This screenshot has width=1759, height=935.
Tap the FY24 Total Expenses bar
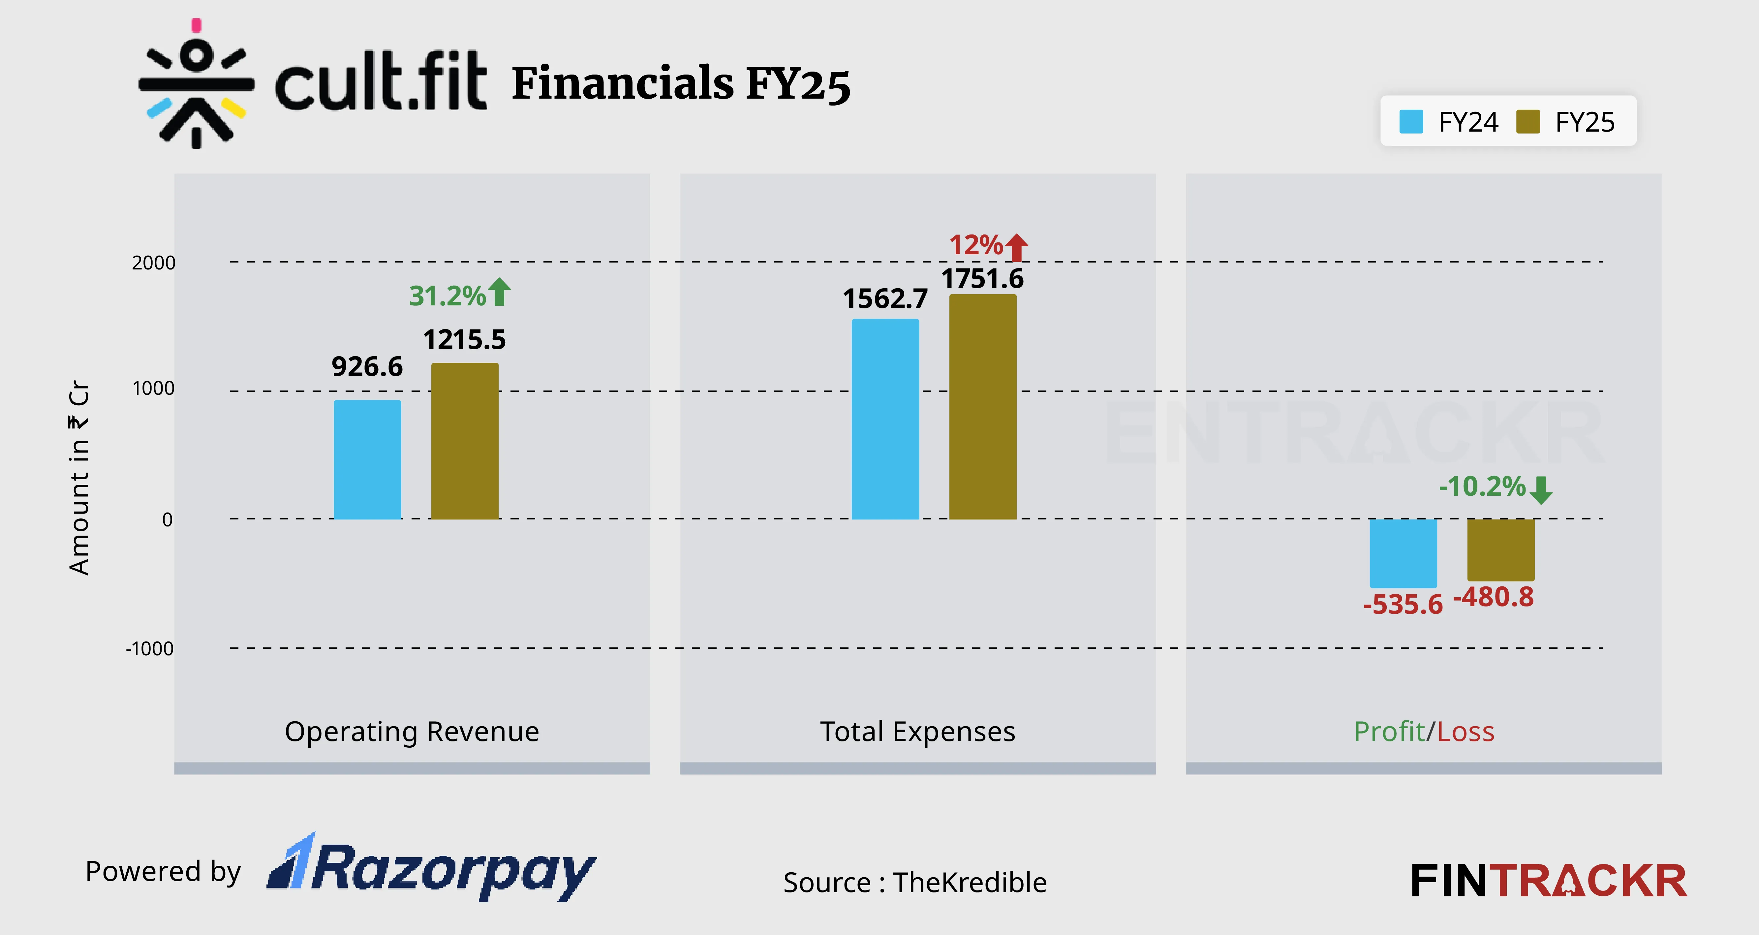coord(885,420)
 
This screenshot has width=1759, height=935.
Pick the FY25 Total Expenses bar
coord(983,407)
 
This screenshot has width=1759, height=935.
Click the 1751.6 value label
coord(983,279)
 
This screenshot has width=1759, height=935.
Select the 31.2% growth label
coord(447,296)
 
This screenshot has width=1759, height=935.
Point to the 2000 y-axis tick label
coord(154,263)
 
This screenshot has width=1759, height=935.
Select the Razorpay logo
coord(432,867)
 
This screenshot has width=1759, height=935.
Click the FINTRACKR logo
coord(1548,881)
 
